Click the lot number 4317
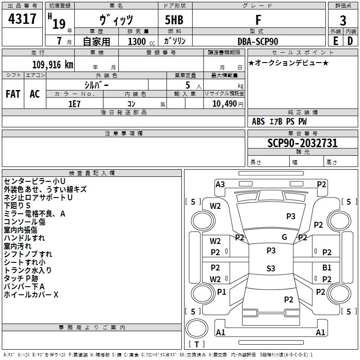[x=22, y=19]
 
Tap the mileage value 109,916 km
[x=53, y=65]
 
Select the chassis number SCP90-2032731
[x=302, y=143]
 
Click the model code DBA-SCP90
[x=258, y=41]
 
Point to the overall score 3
[x=343, y=20]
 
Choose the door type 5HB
[x=174, y=20]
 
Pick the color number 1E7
[x=74, y=104]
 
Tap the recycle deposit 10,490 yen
[x=228, y=104]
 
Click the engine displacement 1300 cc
[x=141, y=41]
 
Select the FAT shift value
[x=13, y=94]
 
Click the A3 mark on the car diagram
[x=220, y=184]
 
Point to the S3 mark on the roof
[x=271, y=268]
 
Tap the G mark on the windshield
[x=284, y=237]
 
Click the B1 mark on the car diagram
[x=327, y=267]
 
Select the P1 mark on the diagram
[x=221, y=292]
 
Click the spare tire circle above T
[x=197, y=328]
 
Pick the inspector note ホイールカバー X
[x=31, y=295]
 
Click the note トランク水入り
[x=27, y=270]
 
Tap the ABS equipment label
[x=258, y=121]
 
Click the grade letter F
[x=258, y=20]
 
